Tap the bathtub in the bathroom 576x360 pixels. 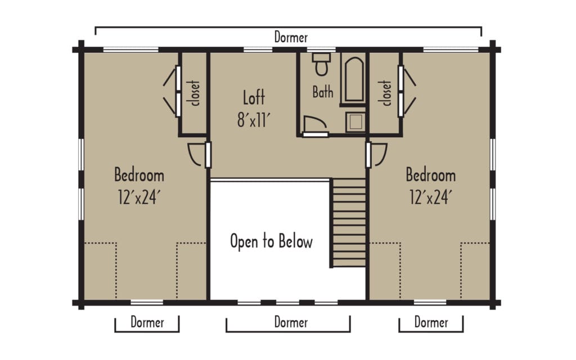[x=353, y=78]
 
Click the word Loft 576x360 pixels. [x=254, y=98]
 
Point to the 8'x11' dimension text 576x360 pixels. [x=254, y=120]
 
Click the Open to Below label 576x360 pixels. [x=271, y=242]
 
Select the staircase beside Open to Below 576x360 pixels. [x=349, y=222]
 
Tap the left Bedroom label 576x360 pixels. [x=139, y=175]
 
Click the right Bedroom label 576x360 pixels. [x=430, y=175]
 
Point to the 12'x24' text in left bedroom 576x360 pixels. [x=139, y=197]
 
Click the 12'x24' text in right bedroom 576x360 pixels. [x=430, y=197]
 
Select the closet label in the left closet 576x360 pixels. [x=195, y=93]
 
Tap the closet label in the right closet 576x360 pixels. [x=386, y=93]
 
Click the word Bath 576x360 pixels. [x=323, y=92]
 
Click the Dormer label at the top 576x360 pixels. [x=291, y=38]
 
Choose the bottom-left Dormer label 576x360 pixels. [x=147, y=323]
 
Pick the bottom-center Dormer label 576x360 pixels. [x=291, y=323]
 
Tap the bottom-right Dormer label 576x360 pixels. [x=431, y=323]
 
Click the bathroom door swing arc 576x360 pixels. [x=312, y=123]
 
